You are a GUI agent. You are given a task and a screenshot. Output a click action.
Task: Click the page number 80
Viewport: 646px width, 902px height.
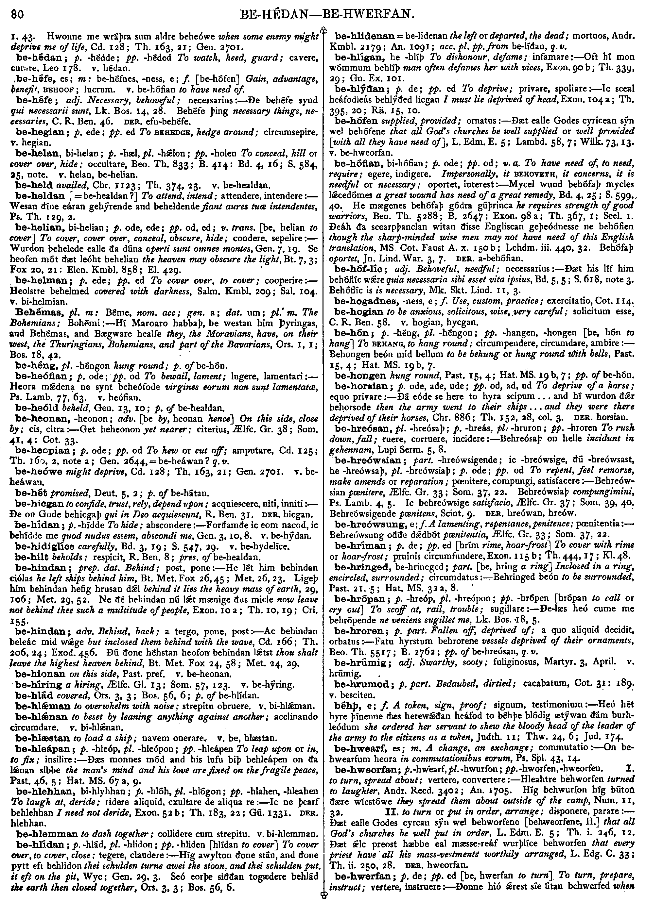(18, 15)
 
